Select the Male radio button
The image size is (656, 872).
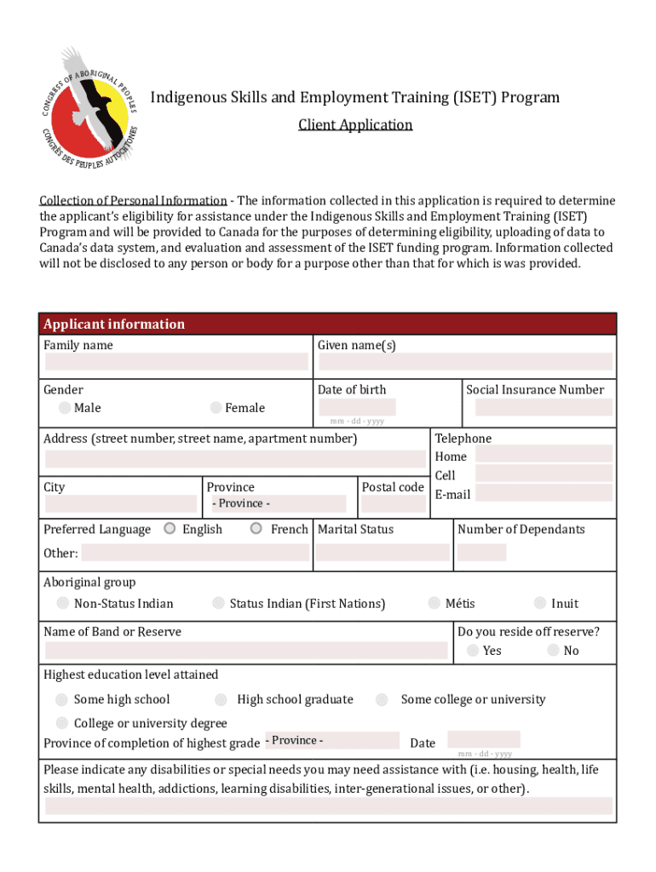(65, 408)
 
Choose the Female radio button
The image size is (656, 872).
(216, 408)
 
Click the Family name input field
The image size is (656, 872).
(176, 362)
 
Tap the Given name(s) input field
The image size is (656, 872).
(464, 362)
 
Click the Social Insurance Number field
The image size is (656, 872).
(543, 407)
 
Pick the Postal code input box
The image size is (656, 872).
(393, 504)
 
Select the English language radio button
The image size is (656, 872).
(170, 529)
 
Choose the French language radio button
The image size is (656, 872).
(256, 529)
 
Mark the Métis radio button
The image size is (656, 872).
(434, 604)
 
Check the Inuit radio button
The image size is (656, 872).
(540, 604)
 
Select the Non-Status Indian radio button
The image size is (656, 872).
(63, 604)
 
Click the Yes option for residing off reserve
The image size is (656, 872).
(473, 651)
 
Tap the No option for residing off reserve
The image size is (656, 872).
(554, 651)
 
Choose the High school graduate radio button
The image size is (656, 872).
(221, 700)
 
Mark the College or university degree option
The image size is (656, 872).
(62, 723)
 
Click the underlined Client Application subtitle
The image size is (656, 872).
(355, 125)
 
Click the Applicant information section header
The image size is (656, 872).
(114, 324)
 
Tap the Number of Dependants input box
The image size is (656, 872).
(481, 552)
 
